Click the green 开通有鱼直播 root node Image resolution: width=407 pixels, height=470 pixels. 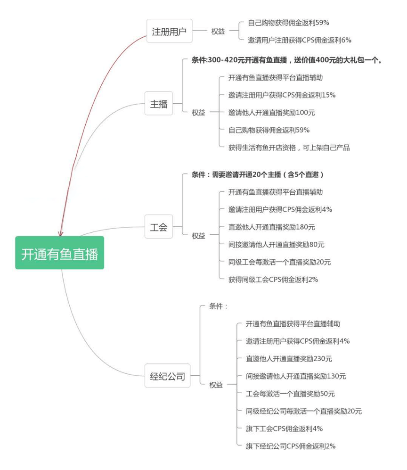pyautogui.click(x=59, y=253)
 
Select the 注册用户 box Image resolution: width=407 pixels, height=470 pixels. pyautogui.click(x=169, y=31)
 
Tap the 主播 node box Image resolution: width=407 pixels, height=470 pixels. pyautogui.click(x=159, y=104)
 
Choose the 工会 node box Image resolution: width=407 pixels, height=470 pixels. pyautogui.click(x=159, y=227)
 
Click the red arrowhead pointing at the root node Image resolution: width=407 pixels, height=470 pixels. pyautogui.click(x=60, y=233)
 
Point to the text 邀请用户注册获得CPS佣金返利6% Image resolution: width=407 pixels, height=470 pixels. pyautogui.click(x=299, y=40)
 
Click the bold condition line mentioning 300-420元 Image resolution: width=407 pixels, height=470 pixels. pyautogui.click(x=287, y=60)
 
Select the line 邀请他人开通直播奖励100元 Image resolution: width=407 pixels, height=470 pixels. pyautogui.click(x=271, y=112)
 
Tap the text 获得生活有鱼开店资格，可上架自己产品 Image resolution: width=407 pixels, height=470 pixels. pyautogui.click(x=289, y=147)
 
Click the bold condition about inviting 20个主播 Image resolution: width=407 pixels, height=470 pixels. pyautogui.click(x=258, y=174)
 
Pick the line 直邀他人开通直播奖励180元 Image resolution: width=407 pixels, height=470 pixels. pyautogui.click(x=271, y=227)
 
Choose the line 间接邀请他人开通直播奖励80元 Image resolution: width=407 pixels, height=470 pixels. pyautogui.click(x=276, y=244)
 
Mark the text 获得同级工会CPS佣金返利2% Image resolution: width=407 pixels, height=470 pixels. pyautogui.click(x=273, y=279)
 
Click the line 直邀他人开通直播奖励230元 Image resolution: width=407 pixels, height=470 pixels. pyautogui.click(x=289, y=358)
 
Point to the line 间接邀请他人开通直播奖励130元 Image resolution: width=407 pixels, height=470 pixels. pyautogui.click(x=295, y=376)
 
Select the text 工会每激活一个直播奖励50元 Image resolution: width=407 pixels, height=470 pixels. pyautogui.click(x=290, y=393)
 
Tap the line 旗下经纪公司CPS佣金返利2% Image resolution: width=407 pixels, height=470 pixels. pyautogui.click(x=290, y=445)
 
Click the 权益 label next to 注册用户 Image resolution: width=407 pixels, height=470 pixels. pyautogui.click(x=218, y=31)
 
